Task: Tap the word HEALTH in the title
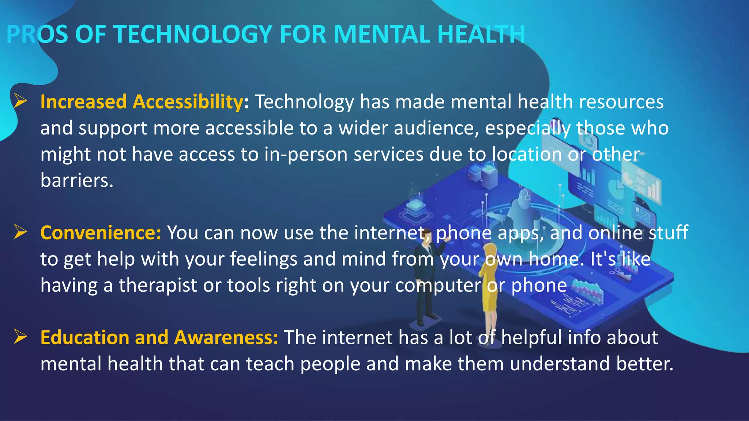(x=481, y=34)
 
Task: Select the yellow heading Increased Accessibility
(x=142, y=102)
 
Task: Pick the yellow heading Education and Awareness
(x=159, y=337)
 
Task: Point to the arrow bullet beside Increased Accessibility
(x=20, y=101)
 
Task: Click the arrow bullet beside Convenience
(x=20, y=232)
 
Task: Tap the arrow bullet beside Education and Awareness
(x=20, y=337)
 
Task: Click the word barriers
(x=77, y=180)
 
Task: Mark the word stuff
(x=668, y=233)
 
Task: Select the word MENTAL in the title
(x=382, y=34)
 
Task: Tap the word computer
(x=438, y=285)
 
